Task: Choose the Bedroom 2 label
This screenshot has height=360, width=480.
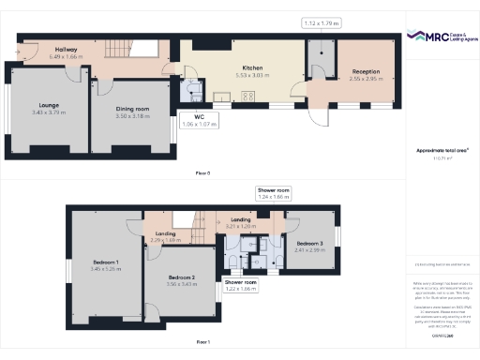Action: (x=181, y=279)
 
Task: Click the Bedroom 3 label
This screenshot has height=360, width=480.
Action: (x=309, y=247)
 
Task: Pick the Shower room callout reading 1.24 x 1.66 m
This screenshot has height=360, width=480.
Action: (x=274, y=194)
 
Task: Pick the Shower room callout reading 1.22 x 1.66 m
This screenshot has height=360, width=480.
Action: (x=240, y=285)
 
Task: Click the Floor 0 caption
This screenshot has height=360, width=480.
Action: (x=202, y=173)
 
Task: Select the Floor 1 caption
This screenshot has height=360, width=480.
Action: (x=202, y=342)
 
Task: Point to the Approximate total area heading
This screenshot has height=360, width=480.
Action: (x=441, y=150)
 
